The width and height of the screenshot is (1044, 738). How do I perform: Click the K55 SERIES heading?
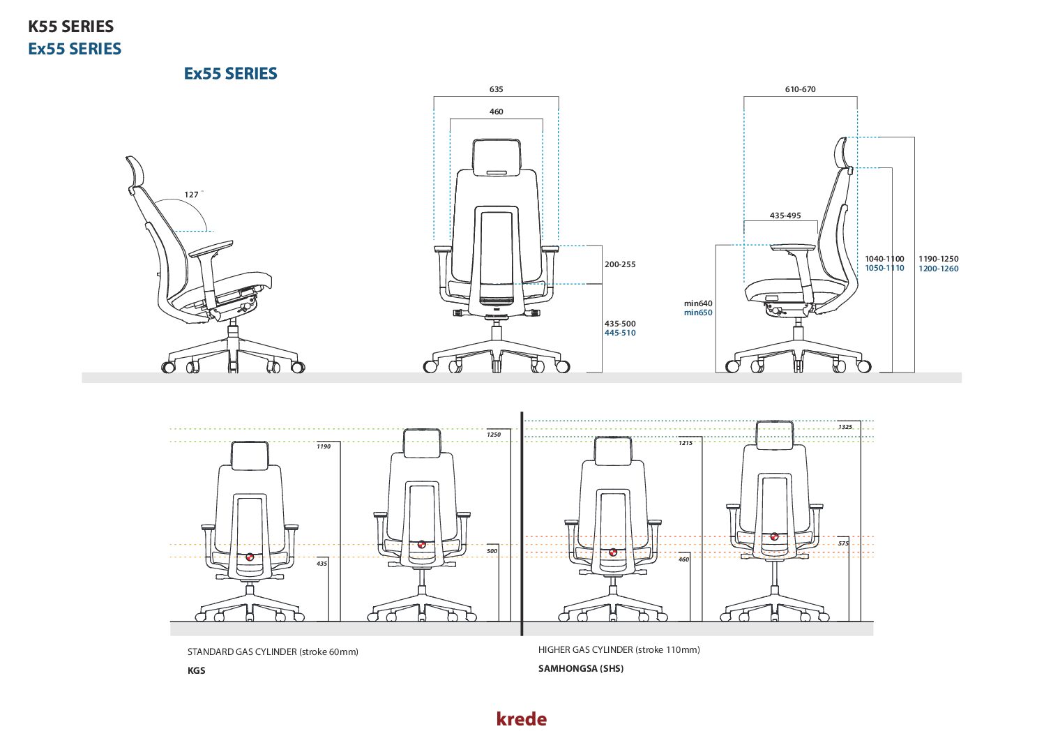coord(71,27)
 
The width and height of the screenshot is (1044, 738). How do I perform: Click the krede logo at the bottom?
coord(521,718)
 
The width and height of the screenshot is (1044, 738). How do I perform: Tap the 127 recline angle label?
coord(191,195)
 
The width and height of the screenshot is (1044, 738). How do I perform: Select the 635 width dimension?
coord(496,89)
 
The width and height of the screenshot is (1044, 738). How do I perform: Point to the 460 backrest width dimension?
coord(496,112)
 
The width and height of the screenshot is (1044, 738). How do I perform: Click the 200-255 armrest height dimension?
coord(620,264)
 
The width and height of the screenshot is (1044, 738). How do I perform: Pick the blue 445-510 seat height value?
coord(620,333)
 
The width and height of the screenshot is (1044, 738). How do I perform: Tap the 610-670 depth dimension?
coord(800,89)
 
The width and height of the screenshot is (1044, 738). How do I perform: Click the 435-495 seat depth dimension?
coord(785,216)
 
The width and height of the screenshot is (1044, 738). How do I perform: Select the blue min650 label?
coord(698,312)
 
